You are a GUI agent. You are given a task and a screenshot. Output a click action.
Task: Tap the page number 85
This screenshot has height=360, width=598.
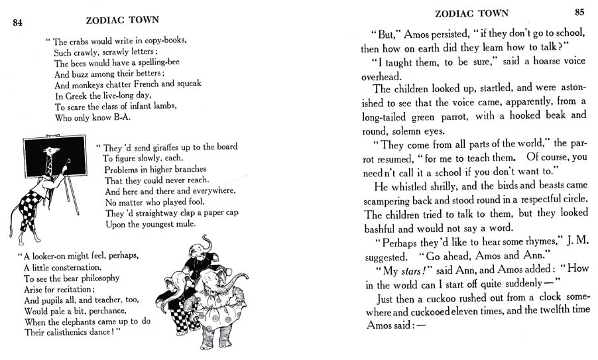pyautogui.click(x=580, y=13)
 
